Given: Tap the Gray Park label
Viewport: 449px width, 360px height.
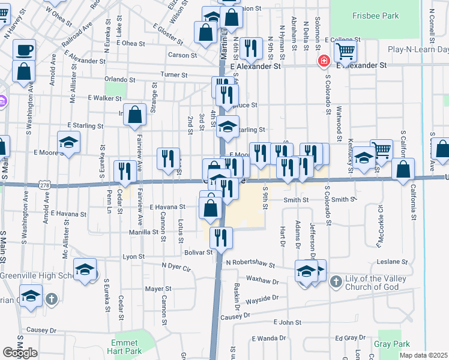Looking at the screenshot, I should [x=391, y=344].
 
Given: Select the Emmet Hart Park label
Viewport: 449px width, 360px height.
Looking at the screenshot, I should [x=126, y=347].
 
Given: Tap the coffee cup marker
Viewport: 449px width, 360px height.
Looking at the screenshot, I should [x=24, y=50].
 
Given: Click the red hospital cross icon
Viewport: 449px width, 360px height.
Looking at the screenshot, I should [x=324, y=61].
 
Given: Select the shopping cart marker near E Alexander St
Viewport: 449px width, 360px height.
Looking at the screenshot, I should [x=345, y=52].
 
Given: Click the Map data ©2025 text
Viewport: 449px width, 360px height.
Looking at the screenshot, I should [x=424, y=355].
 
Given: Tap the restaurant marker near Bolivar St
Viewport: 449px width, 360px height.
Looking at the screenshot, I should [x=221, y=238].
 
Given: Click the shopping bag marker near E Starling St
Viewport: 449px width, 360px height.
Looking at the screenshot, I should [x=135, y=114].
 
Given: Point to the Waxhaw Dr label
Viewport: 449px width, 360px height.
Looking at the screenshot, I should [x=263, y=280].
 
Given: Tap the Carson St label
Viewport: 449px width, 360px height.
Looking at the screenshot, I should [x=182, y=55].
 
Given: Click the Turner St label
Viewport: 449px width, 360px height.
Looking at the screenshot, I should [x=174, y=75].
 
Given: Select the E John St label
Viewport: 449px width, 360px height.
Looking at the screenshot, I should [x=289, y=323].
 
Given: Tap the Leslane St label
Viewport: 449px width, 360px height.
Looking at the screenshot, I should [x=393, y=262].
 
